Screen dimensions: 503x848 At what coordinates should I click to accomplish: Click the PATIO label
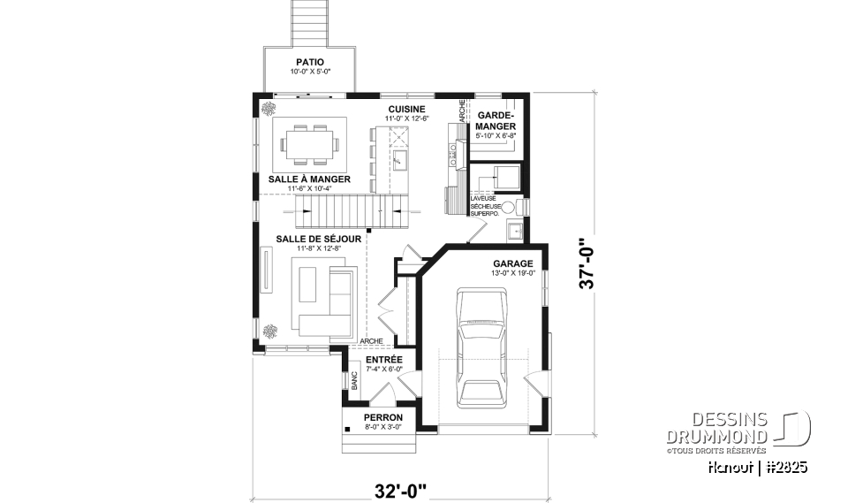309,62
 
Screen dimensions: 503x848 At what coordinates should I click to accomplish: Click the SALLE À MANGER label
309,179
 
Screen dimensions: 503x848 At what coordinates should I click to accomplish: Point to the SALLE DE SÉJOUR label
311,239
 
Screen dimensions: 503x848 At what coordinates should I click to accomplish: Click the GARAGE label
512,263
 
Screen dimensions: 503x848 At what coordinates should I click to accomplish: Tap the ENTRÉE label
383,360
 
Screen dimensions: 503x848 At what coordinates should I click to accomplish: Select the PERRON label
383,417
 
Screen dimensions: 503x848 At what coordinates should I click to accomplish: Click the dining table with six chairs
309,144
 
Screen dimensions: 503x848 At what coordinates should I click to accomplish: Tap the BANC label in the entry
355,381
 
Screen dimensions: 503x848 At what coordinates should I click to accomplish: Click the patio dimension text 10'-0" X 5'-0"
309,72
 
